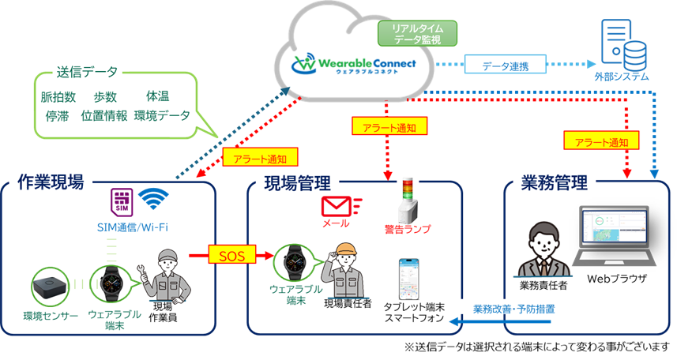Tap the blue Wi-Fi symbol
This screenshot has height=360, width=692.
tap(155, 201)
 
